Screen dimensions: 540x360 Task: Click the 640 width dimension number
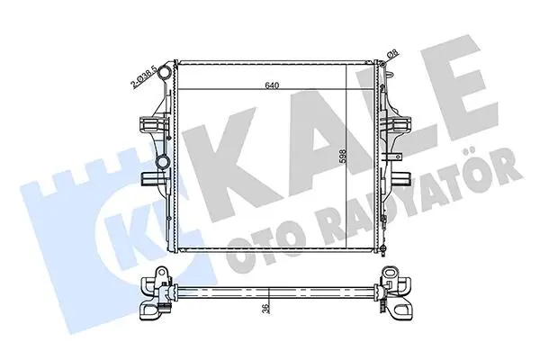(272, 85)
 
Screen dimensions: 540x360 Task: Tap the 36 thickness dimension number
(265, 309)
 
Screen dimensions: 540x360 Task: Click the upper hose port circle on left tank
(165, 73)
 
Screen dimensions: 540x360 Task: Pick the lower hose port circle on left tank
(162, 161)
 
